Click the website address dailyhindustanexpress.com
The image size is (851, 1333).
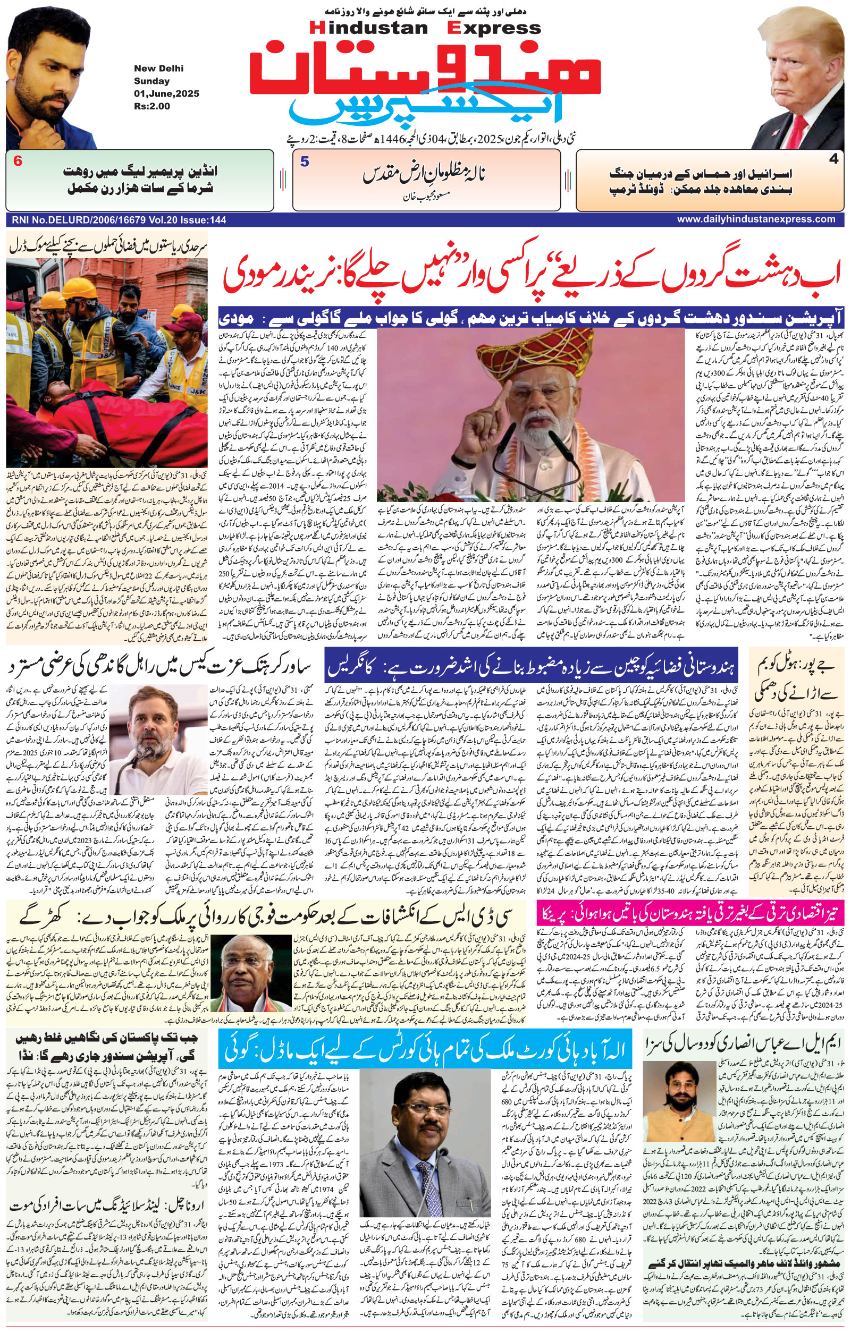click(755, 219)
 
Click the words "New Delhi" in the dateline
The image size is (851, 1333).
click(158, 69)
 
